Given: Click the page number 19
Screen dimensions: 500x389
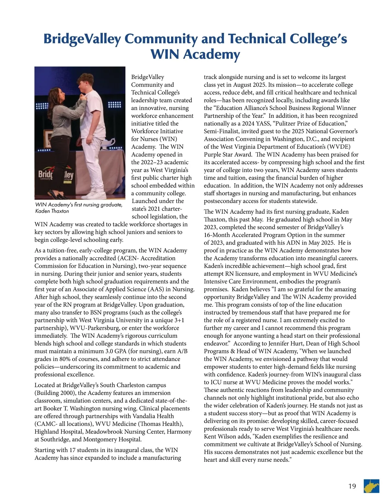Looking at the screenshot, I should [352, 486].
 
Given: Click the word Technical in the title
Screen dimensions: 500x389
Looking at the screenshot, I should [257, 39].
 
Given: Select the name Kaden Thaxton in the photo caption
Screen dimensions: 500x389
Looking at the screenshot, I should [52, 211].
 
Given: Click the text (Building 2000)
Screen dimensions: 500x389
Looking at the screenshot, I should [56, 393].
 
